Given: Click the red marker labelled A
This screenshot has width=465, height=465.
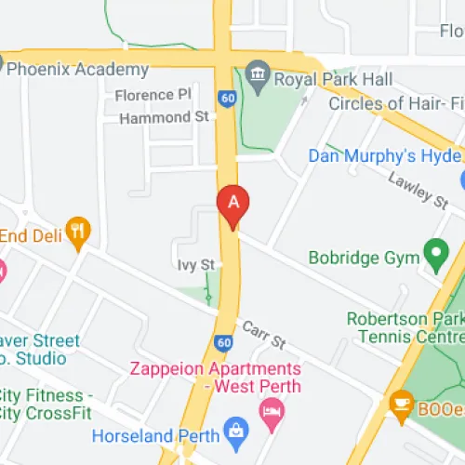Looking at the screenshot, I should tap(233, 204).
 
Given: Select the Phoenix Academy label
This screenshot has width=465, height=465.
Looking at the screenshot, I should tap(79, 70).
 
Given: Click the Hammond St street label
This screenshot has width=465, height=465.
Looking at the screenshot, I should tap(163, 118).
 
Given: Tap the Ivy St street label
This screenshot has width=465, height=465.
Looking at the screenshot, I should tap(196, 266).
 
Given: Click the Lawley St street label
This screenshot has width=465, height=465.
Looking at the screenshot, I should tap(412, 190).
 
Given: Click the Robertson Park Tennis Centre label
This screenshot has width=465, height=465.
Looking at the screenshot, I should tap(405, 327).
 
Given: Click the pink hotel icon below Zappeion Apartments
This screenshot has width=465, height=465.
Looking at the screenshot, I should tap(271, 410).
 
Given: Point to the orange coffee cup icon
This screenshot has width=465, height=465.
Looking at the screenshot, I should tap(401, 403).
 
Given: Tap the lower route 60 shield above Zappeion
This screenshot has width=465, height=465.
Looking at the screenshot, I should tap(223, 343).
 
